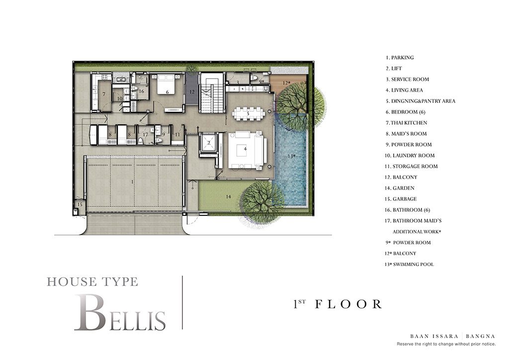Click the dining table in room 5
pos(249,113)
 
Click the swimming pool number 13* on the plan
pos(291,156)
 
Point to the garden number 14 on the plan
pos(229,196)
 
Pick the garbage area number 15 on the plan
pos(80,205)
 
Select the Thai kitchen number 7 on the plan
pos(104,94)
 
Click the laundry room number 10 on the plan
pos(120,98)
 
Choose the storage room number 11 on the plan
pos(177,134)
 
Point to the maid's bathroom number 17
pos(145,134)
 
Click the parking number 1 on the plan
pos(132,182)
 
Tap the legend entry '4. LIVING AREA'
pos(404,90)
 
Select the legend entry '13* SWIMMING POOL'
pos(409,264)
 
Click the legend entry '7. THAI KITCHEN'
pos(407,123)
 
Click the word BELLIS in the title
pos(120,313)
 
